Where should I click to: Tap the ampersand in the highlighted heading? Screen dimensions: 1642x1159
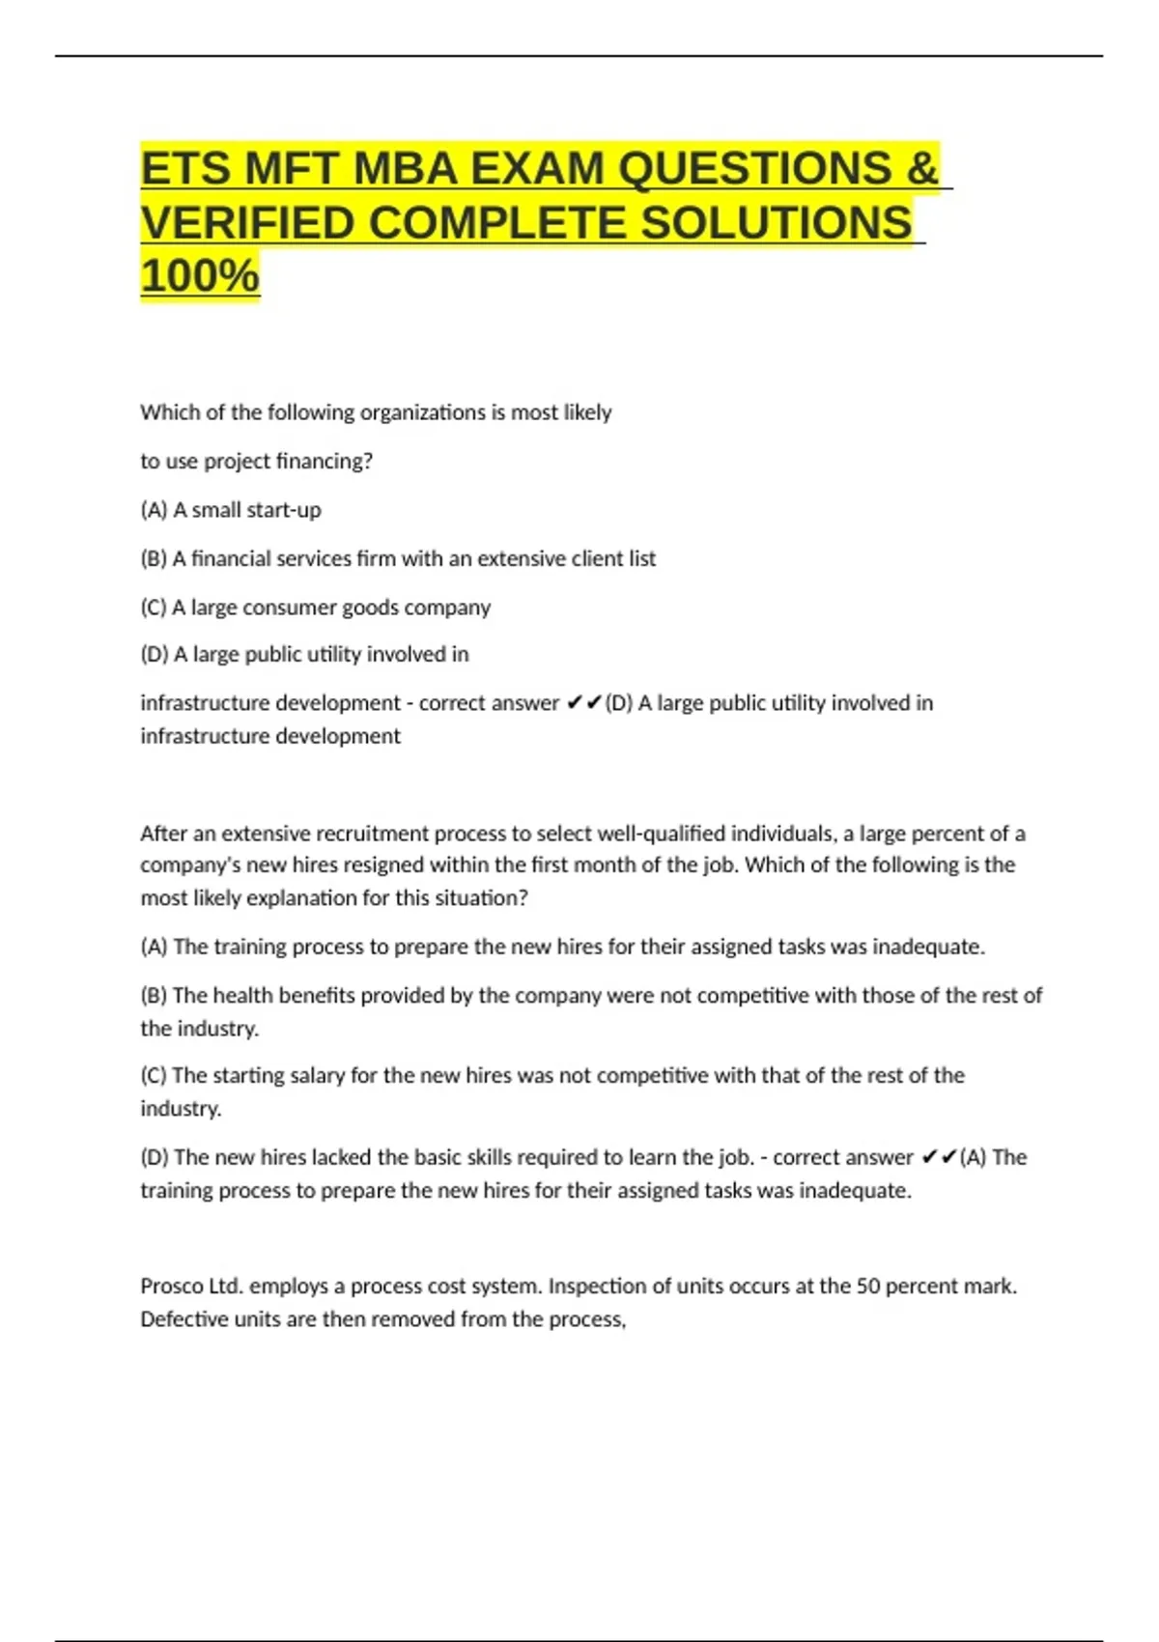pos(922,169)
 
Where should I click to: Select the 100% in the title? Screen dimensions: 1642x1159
pos(200,275)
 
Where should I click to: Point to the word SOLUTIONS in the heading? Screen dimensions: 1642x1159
pos(776,223)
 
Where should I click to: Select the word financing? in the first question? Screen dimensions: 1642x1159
pos(325,462)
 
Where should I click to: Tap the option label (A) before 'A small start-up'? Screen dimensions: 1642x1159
pos(154,510)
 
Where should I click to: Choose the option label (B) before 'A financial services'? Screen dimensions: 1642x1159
pos(154,558)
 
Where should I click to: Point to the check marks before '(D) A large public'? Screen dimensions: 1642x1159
pos(584,703)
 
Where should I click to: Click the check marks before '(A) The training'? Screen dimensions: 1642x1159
pos(939,1157)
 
